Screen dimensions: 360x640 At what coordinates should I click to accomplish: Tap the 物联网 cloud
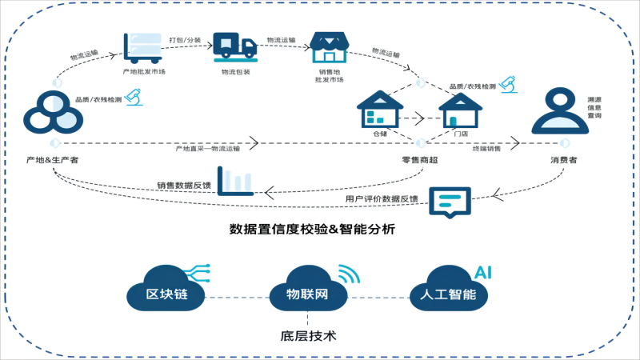(x=309, y=293)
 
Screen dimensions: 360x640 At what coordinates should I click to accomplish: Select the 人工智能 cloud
(x=447, y=293)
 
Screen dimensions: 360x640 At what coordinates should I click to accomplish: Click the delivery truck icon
(x=235, y=47)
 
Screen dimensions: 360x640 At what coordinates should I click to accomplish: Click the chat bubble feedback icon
(x=450, y=201)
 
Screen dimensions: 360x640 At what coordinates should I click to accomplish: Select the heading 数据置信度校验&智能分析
(x=312, y=230)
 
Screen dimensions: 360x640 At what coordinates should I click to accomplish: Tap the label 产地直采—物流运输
(x=208, y=148)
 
